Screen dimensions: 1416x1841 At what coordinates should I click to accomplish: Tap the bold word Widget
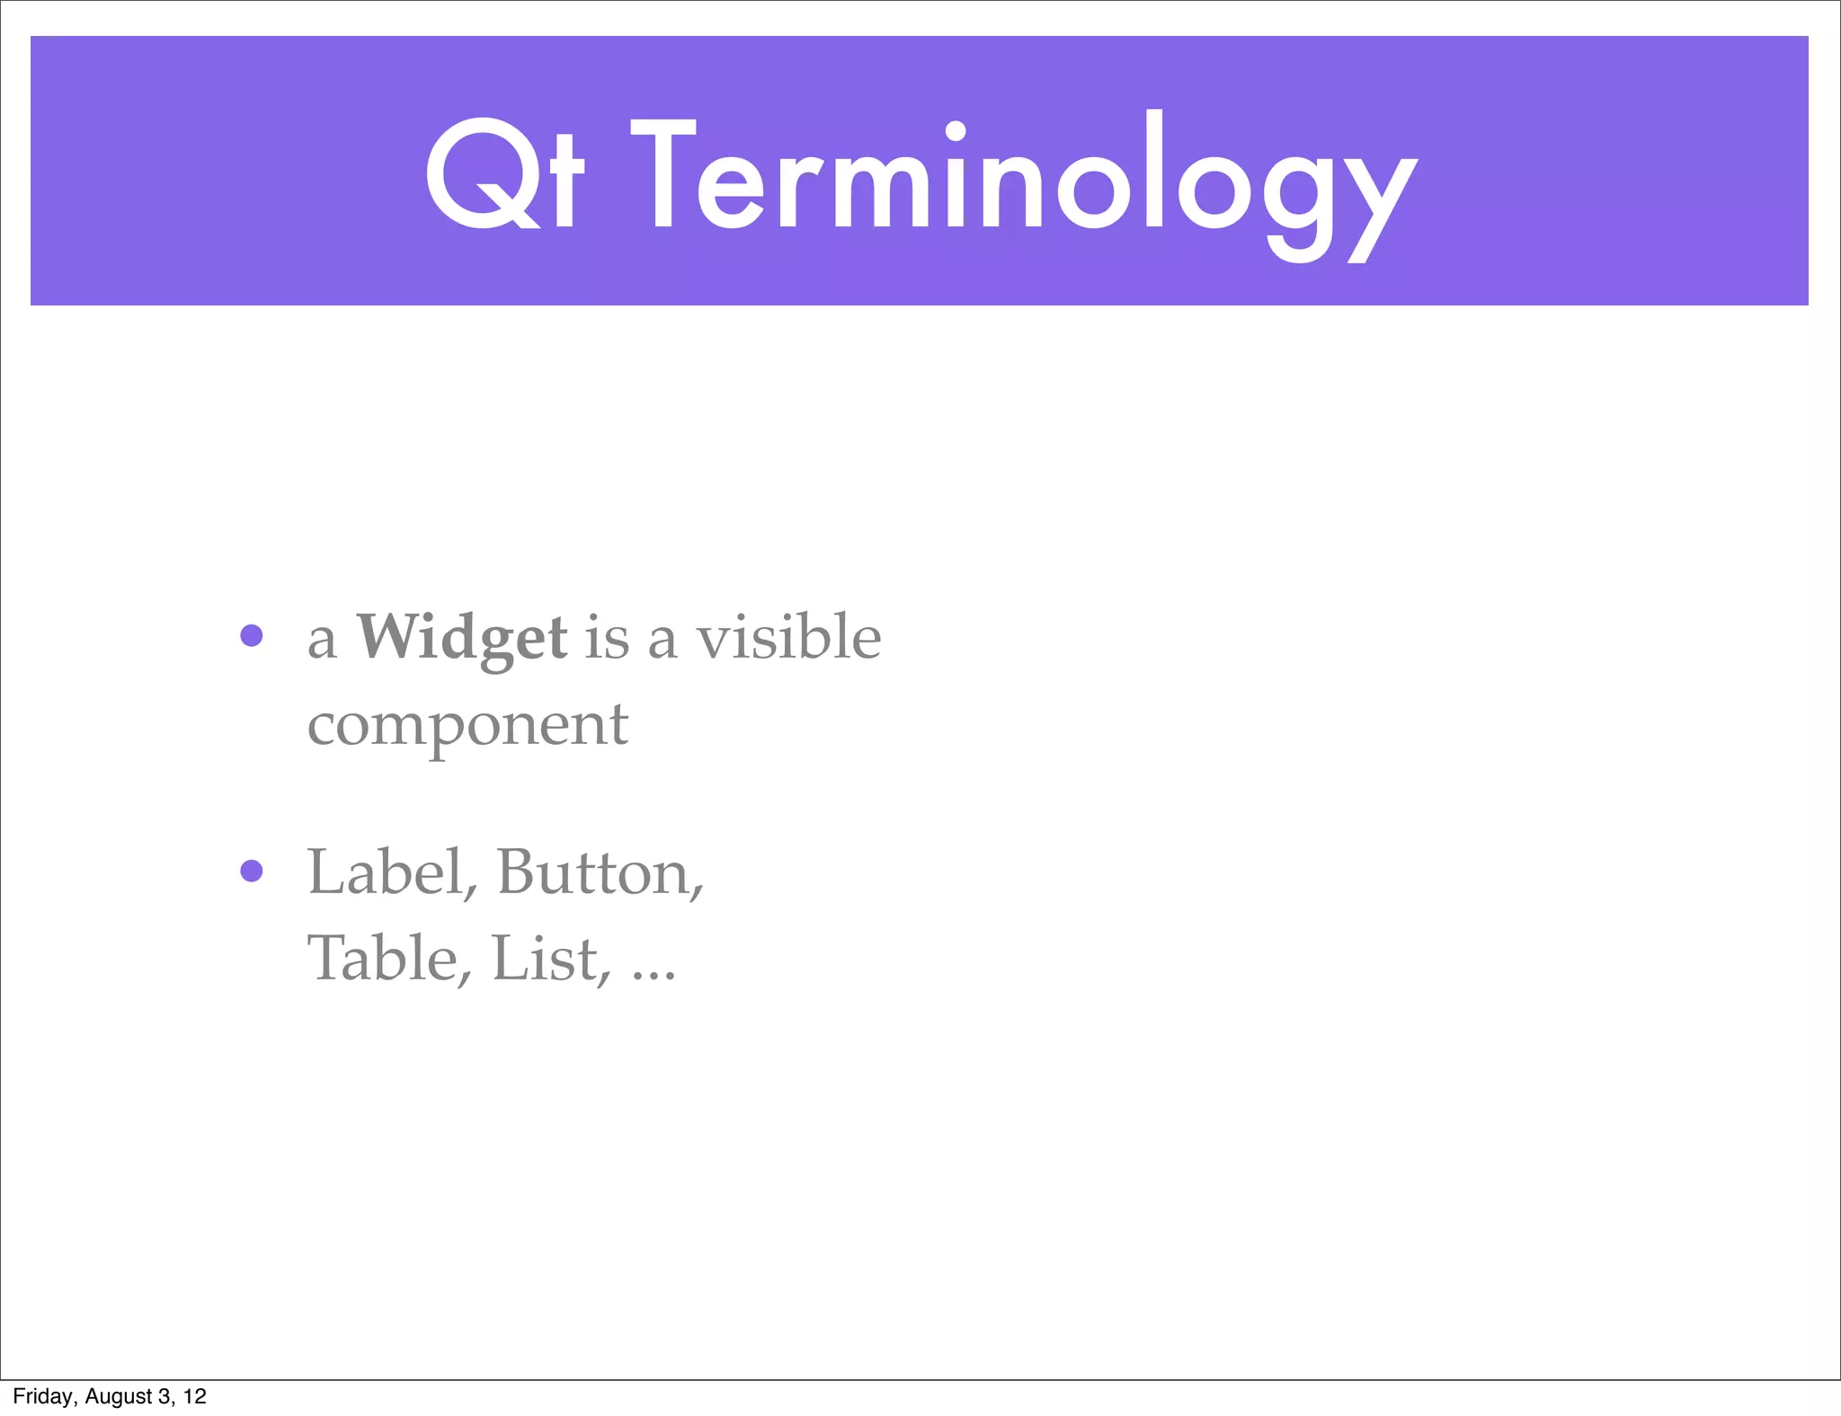point(462,638)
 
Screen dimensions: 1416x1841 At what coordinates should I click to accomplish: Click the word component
point(467,726)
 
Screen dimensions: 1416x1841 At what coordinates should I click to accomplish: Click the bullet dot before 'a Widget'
point(252,636)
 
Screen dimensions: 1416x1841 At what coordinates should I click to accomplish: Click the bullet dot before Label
point(252,871)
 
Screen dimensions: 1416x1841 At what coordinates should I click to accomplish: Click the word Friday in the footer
point(43,1396)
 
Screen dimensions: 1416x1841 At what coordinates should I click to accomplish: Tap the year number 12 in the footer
point(195,1396)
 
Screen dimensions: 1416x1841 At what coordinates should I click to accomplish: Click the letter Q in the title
point(480,173)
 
